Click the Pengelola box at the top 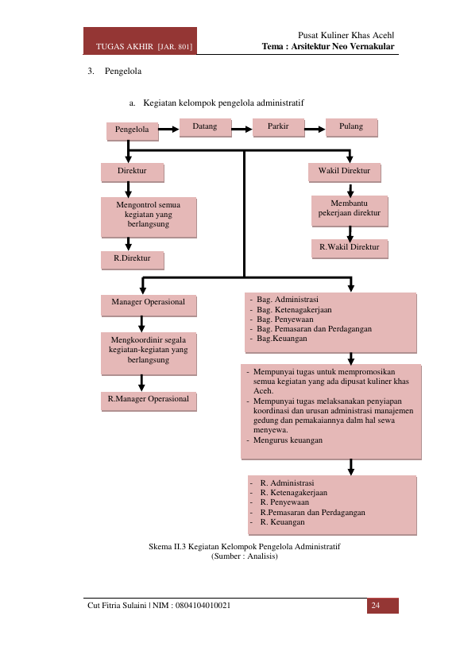coord(133,131)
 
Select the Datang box coord(205,127)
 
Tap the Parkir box coord(278,127)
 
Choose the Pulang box coord(351,127)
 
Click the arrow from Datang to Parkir coord(242,130)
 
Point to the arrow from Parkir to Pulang coord(315,130)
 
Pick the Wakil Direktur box coord(344,172)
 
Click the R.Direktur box coord(133,260)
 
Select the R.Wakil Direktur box coord(350,249)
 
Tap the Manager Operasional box coord(149,305)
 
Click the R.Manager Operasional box coord(149,401)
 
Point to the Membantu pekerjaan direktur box coord(350,211)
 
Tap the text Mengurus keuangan coord(288,440)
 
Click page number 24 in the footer coord(376,606)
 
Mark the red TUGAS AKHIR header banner coord(140,41)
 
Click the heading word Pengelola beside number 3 coord(123,71)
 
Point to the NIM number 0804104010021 coord(203,606)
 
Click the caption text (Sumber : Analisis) coord(245,556)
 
